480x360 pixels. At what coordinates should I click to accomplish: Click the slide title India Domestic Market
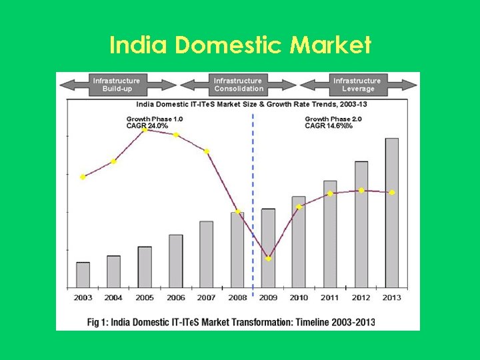pyautogui.click(x=240, y=45)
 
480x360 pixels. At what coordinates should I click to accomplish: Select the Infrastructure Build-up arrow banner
pyautogui.click(x=117, y=85)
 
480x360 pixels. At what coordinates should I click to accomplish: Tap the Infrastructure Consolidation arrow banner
pyautogui.click(x=239, y=85)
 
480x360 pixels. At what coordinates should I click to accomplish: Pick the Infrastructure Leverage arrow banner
pyautogui.click(x=358, y=85)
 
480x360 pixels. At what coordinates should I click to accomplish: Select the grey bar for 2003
pyautogui.click(x=83, y=274)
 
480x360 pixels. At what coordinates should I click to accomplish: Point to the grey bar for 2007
pyautogui.click(x=207, y=254)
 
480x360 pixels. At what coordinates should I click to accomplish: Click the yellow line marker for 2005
pyautogui.click(x=145, y=129)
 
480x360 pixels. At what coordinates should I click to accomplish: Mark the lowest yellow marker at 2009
pyautogui.click(x=268, y=258)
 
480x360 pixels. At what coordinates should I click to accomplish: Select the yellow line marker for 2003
pyautogui.click(x=83, y=177)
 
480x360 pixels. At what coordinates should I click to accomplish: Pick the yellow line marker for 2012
pyautogui.click(x=361, y=191)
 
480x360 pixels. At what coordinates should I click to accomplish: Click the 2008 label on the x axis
pyautogui.click(x=237, y=297)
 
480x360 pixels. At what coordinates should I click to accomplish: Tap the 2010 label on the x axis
pyautogui.click(x=299, y=297)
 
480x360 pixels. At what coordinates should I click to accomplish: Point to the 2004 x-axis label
pyautogui.click(x=114, y=297)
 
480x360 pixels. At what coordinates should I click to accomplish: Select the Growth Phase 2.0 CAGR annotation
pyautogui.click(x=329, y=122)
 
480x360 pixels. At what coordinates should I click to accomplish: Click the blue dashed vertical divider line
pyautogui.click(x=253, y=173)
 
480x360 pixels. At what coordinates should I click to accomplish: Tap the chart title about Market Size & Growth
pyautogui.click(x=251, y=104)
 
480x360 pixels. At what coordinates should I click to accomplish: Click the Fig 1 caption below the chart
pyautogui.click(x=231, y=322)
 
